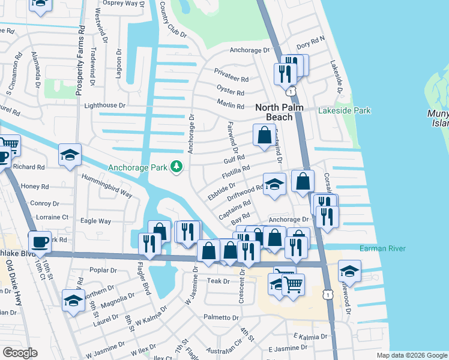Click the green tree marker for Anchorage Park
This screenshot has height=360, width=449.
[176, 166]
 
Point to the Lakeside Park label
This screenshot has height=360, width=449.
[345, 110]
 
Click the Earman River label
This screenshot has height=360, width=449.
[382, 248]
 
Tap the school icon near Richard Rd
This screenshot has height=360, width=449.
[70, 155]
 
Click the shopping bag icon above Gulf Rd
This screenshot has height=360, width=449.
[264, 136]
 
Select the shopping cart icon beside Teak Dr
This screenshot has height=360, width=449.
[293, 284]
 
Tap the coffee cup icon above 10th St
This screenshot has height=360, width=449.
[40, 241]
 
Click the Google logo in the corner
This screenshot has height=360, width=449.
[20, 353]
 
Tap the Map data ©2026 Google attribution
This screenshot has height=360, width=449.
[411, 355]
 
